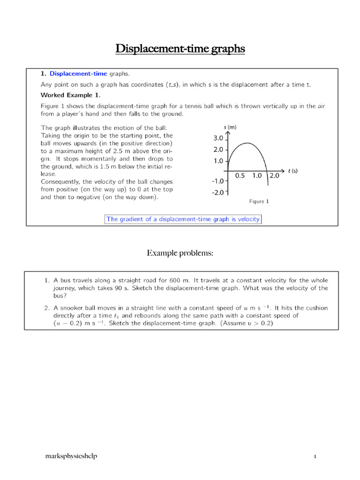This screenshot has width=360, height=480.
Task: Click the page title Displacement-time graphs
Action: [x=180, y=49]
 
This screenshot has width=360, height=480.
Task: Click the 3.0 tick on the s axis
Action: [x=218, y=138]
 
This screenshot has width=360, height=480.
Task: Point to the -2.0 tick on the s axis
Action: [x=217, y=192]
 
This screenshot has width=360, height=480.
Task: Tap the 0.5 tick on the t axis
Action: [x=240, y=176]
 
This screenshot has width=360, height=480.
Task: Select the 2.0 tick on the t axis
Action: [x=274, y=176]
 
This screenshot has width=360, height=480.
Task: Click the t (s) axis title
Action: [x=293, y=171]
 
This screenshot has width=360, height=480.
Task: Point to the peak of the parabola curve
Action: [x=247, y=143]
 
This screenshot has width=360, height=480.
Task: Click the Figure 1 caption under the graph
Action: [x=259, y=202]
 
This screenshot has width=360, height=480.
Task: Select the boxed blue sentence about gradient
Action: [x=183, y=219]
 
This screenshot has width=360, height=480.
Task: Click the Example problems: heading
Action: [x=180, y=253]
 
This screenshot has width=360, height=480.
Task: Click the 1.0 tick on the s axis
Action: [x=218, y=161]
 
